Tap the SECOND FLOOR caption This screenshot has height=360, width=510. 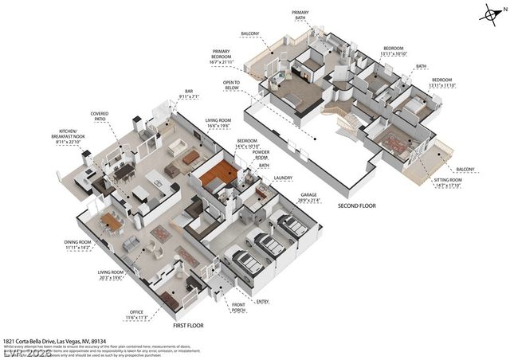[x=355, y=205]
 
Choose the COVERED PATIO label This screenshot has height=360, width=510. [x=100, y=116]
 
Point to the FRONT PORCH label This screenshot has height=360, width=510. [x=238, y=307]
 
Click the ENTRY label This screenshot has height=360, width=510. [x=262, y=301]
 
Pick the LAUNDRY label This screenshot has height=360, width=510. [x=283, y=178]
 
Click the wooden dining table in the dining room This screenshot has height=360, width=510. [x=112, y=222]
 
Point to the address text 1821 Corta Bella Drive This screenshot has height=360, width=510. [x=56, y=339]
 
